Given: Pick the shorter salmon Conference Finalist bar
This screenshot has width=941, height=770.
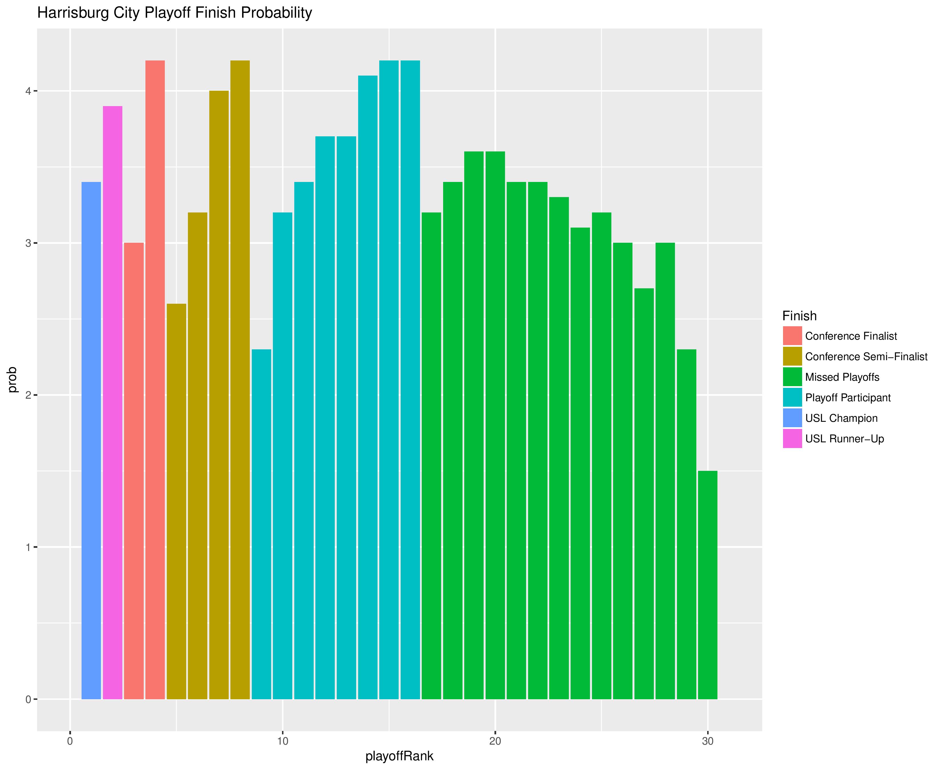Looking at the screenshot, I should [134, 471].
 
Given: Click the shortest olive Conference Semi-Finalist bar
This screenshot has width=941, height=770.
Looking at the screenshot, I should [177, 501].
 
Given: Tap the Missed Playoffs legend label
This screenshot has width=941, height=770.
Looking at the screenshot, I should [842, 377].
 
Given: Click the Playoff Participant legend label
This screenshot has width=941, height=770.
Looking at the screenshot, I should [847, 398].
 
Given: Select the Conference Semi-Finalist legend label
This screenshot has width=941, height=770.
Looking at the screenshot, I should [866, 356].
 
